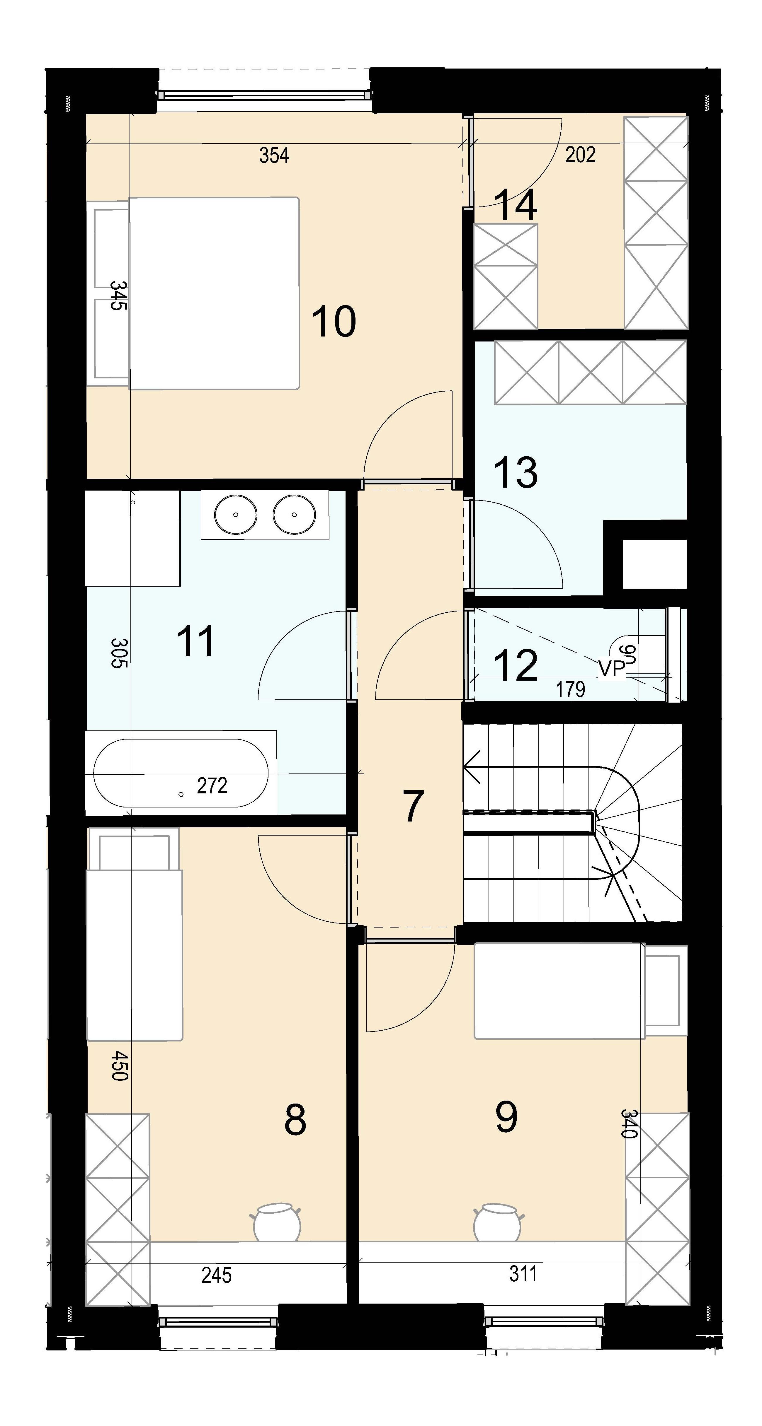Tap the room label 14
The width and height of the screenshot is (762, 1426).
click(515, 205)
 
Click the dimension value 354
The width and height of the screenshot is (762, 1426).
click(274, 156)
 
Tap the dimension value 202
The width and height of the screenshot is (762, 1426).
click(580, 154)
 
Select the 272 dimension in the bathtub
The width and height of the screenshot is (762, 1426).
click(212, 785)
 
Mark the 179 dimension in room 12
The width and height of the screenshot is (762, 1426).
click(570, 689)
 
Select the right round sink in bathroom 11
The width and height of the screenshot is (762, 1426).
click(294, 514)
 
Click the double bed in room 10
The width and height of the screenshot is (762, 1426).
click(214, 293)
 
